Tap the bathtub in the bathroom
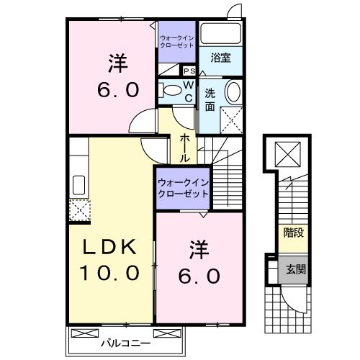220,34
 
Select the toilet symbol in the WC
171,91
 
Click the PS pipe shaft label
189,71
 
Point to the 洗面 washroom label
210,99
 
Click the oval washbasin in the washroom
233,92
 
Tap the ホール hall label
185,147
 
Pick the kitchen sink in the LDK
78,184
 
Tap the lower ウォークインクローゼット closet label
183,189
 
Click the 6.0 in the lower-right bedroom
199,275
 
